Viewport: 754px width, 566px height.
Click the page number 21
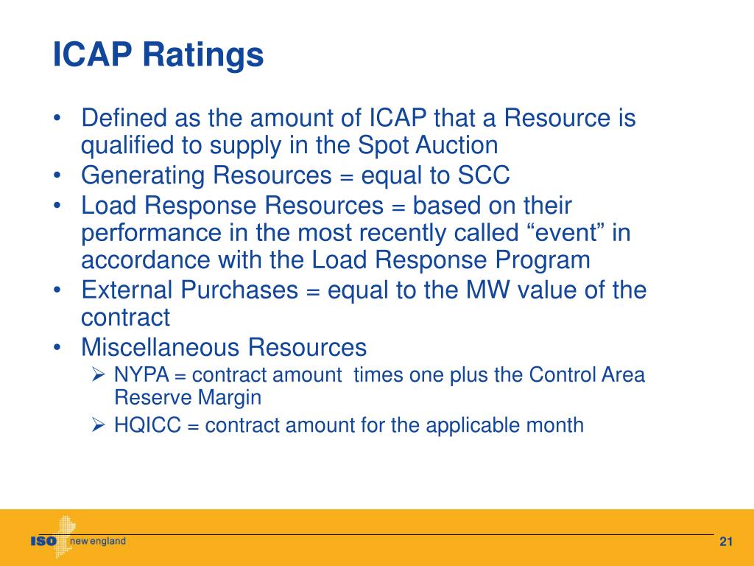(726, 543)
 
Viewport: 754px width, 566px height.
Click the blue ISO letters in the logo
(43, 542)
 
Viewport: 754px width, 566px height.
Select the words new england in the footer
(98, 542)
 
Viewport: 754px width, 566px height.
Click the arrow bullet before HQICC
(101, 425)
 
